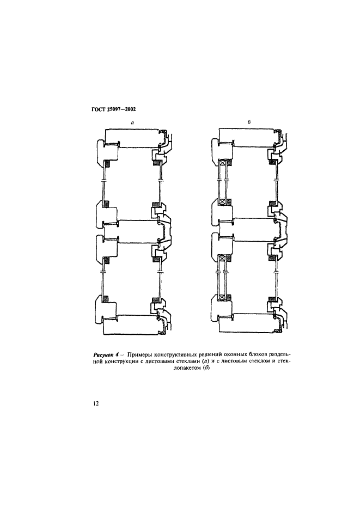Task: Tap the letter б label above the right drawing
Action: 249,122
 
